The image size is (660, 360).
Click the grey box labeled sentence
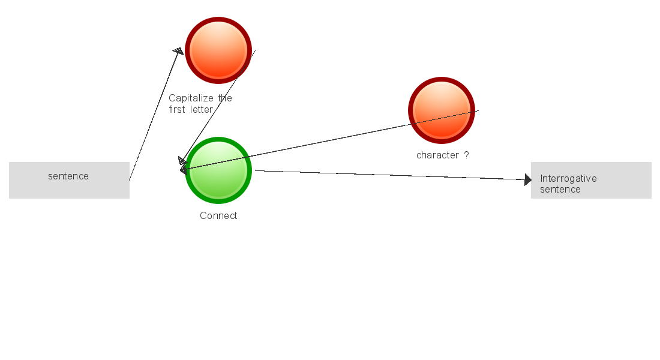(x=69, y=180)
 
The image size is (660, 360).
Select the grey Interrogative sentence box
(x=591, y=180)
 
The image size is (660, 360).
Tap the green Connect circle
(x=218, y=170)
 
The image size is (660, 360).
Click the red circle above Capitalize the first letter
(x=218, y=50)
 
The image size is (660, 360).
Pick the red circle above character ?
(x=442, y=110)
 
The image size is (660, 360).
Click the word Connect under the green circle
(x=218, y=216)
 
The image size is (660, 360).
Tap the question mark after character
(x=467, y=155)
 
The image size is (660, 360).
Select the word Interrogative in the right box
(x=568, y=179)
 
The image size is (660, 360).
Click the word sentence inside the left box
(x=68, y=176)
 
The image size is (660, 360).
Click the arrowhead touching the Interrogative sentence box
(x=527, y=179)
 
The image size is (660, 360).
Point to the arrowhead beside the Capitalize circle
(x=178, y=52)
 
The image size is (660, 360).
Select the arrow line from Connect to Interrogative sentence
(x=390, y=175)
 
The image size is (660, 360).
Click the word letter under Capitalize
(x=202, y=110)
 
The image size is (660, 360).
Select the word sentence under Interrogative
(x=560, y=190)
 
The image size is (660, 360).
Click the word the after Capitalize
(x=225, y=98)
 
